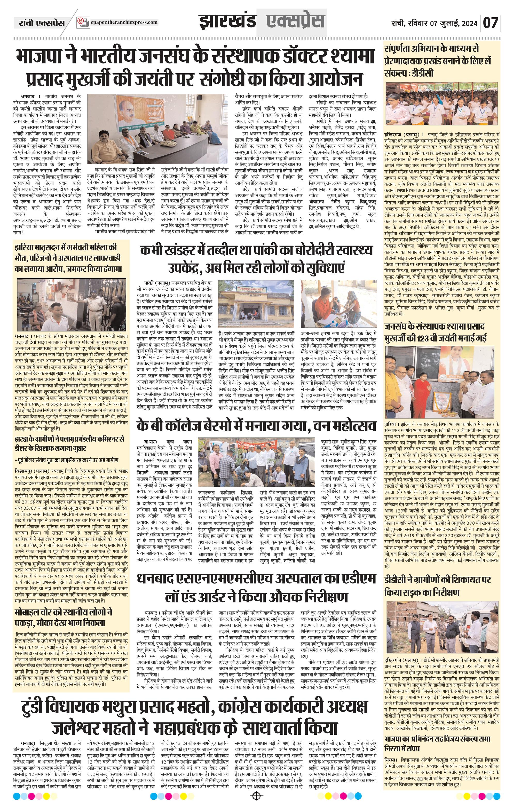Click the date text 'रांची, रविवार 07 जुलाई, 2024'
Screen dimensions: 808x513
click(434, 23)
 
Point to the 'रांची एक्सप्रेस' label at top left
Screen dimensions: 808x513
click(41, 23)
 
